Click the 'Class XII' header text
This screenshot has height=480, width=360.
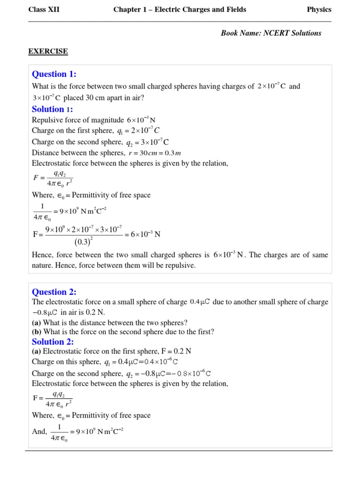(x=44, y=9)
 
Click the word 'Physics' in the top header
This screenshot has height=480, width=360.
(x=319, y=9)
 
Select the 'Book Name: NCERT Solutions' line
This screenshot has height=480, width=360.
(x=271, y=33)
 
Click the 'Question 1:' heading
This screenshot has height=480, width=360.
(x=54, y=74)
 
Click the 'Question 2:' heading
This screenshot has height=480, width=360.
(x=54, y=292)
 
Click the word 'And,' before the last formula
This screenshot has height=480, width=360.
(x=39, y=432)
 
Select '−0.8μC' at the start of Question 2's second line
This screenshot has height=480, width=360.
(x=45, y=312)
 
